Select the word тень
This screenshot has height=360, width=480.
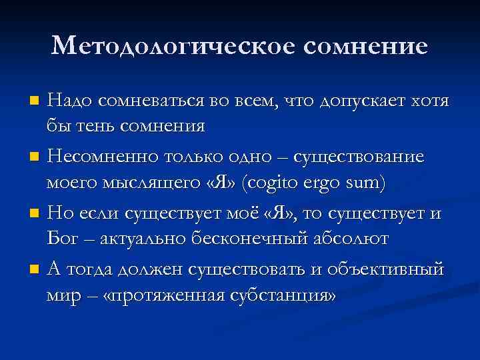tap(98, 125)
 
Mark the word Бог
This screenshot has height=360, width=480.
tap(61, 239)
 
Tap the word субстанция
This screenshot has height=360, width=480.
tap(283, 295)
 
